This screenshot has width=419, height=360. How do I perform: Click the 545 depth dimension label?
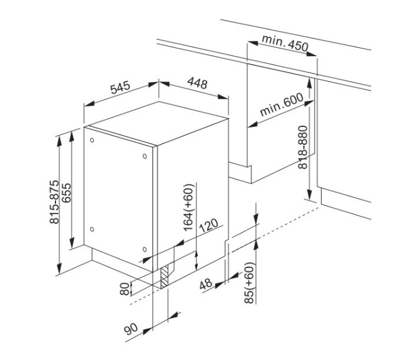(x=120, y=87)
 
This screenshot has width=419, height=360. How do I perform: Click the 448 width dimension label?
(x=197, y=83)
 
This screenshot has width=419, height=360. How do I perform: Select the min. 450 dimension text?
(x=285, y=43)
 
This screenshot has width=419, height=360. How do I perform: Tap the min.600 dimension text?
(x=281, y=104)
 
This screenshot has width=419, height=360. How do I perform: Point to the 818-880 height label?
(x=303, y=148)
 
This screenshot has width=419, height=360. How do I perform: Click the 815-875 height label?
(x=54, y=202)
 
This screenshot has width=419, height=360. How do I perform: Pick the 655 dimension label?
(x=67, y=193)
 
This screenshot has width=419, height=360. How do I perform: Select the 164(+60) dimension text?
(x=188, y=207)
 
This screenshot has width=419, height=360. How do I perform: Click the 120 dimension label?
(x=209, y=226)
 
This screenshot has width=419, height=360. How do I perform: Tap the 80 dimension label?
(x=125, y=289)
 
